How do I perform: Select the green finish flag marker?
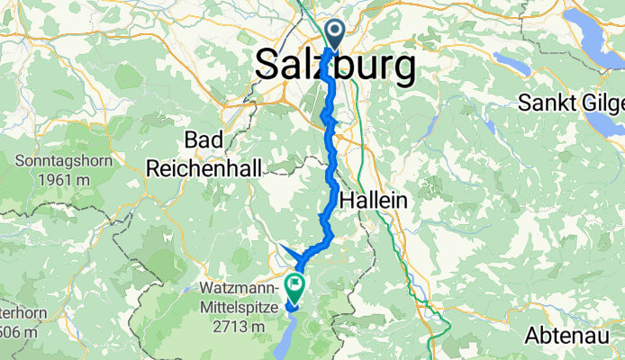(x=294, y=286)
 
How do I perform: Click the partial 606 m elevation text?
(x=17, y=330)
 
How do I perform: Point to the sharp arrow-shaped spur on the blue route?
(x=286, y=249)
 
